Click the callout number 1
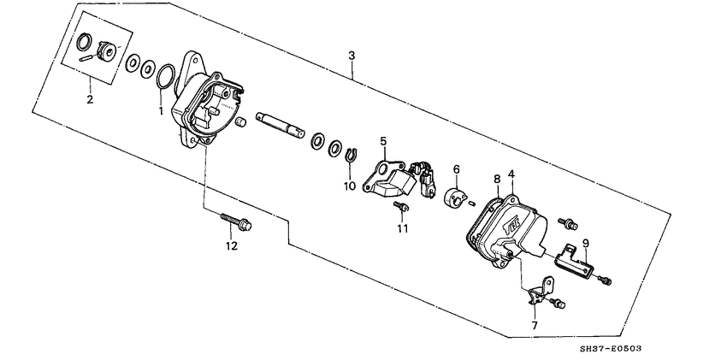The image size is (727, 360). point(159,110)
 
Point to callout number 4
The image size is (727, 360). point(511,174)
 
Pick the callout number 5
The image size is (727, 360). point(383,140)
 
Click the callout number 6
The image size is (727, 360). point(456,169)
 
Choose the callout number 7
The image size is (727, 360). point(534,326)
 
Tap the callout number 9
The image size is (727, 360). point(585,243)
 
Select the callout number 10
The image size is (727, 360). point(348,186)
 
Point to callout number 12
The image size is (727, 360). point(229,246)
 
